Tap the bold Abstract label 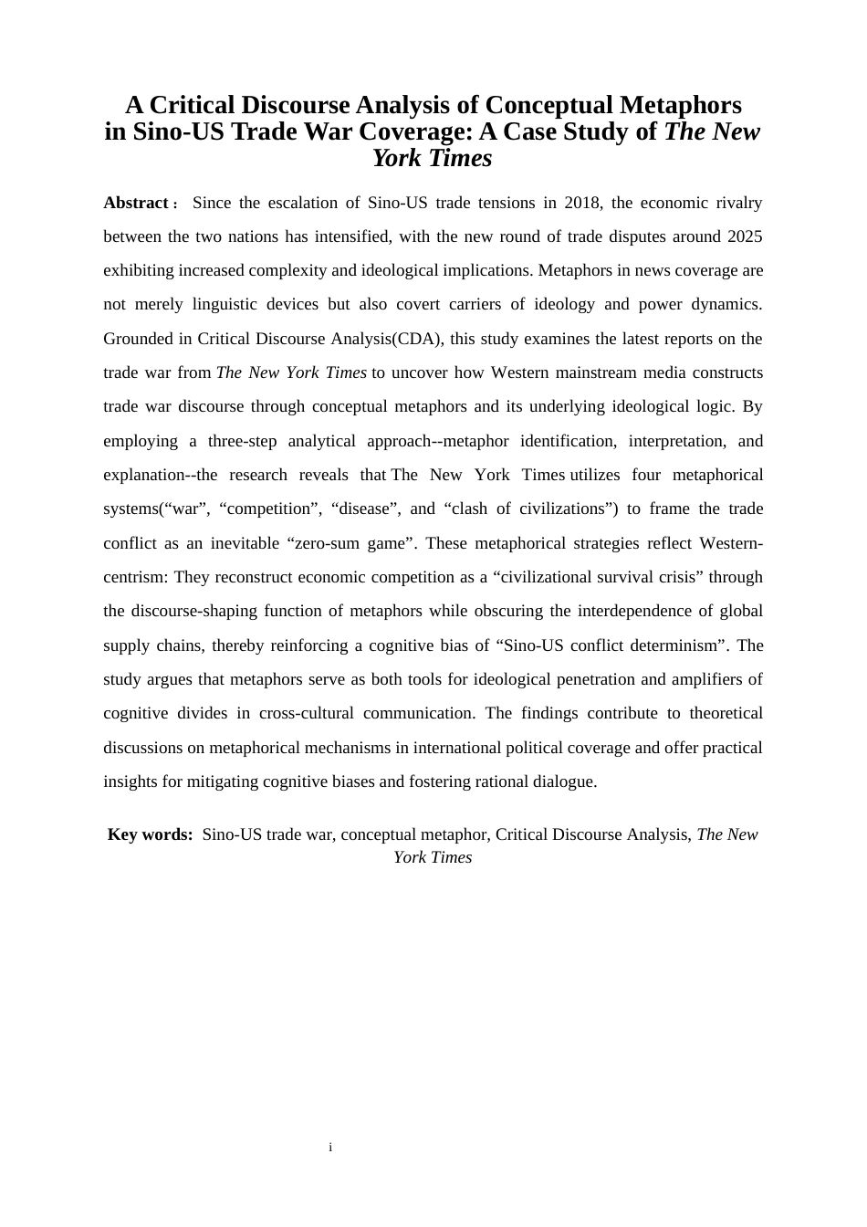coord(136,203)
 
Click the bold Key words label coord(151,834)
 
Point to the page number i coord(330,1147)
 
